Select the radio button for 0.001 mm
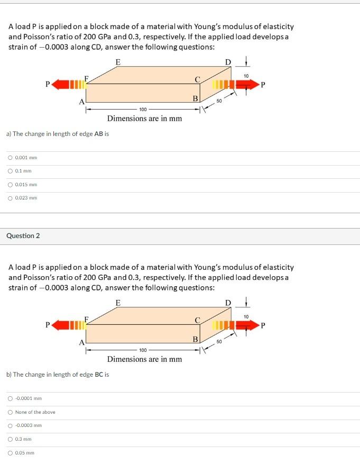coord(11,158)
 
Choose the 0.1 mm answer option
coord(11,171)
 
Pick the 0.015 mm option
coord(11,185)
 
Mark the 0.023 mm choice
coord(11,198)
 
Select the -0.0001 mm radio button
coord(11,398)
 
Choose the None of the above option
coord(11,412)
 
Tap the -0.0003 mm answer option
coord(11,425)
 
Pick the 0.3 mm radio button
coord(11,439)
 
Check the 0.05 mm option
coord(11,453)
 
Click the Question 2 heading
coord(23,235)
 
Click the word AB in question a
coord(98,134)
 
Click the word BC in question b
coord(99,375)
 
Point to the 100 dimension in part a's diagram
coord(143,110)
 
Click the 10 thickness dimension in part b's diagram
coord(246,316)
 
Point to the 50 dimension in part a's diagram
coord(219,101)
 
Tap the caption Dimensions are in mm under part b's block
coord(144,359)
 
